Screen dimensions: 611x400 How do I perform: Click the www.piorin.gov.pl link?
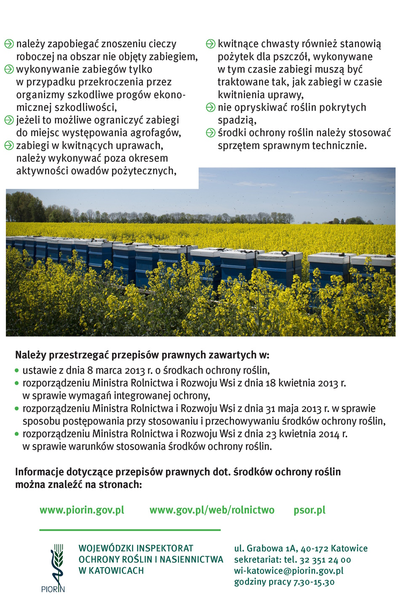click(x=82, y=510)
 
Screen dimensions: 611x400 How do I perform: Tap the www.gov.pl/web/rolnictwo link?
click(x=212, y=510)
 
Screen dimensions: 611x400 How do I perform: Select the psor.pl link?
click(x=309, y=510)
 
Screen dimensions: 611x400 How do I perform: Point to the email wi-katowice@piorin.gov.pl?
click(x=289, y=571)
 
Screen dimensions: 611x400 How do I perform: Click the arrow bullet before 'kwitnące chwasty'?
click(x=211, y=44)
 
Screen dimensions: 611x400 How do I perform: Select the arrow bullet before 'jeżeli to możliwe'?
click(x=9, y=120)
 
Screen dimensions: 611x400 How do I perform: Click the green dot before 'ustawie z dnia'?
click(x=17, y=371)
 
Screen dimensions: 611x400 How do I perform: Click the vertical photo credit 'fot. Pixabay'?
click(x=390, y=317)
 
